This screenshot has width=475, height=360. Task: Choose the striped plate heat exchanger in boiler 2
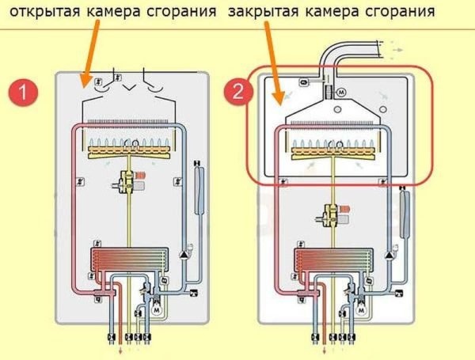(x=325, y=260)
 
